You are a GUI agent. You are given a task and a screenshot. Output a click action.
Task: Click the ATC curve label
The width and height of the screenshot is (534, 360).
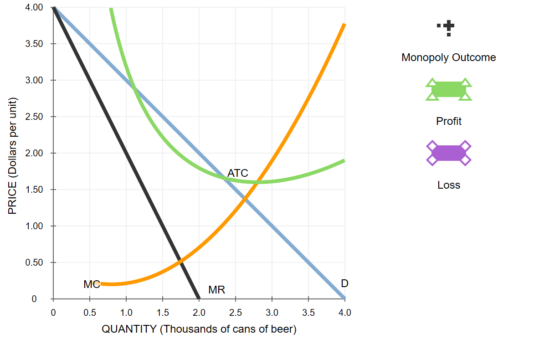tap(237, 173)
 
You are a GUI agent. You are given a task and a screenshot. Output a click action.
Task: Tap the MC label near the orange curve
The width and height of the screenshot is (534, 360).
tap(92, 284)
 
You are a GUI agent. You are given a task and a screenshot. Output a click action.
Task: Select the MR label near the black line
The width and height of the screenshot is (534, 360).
tap(216, 290)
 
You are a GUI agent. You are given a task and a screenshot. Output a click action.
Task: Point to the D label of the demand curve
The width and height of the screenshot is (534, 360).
tap(344, 283)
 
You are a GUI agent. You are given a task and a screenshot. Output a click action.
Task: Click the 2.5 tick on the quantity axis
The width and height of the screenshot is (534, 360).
tap(236, 313)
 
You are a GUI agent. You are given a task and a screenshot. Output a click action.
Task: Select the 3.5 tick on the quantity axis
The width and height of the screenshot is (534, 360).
tap(308, 313)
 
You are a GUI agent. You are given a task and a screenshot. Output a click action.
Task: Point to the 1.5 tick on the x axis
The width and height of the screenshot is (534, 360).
tap(163, 313)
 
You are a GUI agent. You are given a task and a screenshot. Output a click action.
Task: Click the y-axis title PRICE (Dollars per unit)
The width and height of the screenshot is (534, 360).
tap(12, 156)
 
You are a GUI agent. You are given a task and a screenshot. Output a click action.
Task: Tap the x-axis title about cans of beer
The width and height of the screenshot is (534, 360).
tap(199, 329)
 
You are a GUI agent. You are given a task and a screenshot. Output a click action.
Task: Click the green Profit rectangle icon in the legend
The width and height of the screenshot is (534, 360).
tap(449, 89)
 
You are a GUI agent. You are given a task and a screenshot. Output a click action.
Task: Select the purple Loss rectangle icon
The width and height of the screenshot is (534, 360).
tap(449, 153)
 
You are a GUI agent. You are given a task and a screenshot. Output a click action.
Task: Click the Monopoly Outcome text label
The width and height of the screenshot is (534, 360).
tap(448, 58)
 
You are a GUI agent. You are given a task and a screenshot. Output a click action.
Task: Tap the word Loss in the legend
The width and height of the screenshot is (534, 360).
tap(448, 185)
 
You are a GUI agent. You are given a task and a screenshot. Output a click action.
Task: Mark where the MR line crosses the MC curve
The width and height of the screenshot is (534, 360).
tap(181, 261)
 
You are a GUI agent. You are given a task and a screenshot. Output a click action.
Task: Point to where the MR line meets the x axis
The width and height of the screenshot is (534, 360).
tap(199, 299)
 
